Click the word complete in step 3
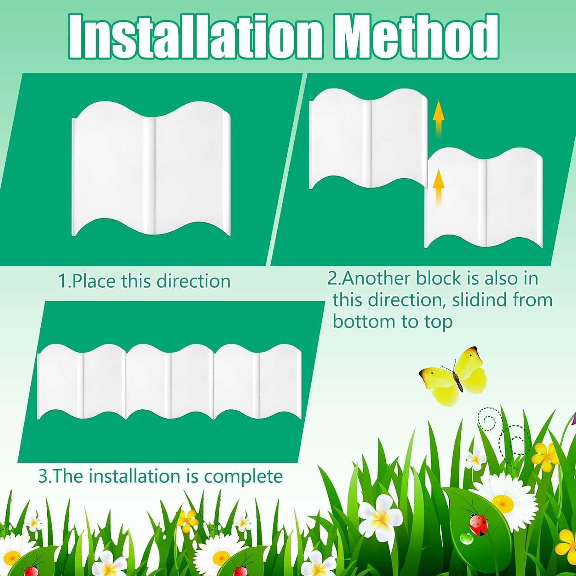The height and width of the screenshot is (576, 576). (243, 477)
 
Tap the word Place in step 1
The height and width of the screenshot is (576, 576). (94, 281)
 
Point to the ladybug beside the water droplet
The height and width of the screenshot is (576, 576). (479, 524)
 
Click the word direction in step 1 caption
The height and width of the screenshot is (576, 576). (194, 281)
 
